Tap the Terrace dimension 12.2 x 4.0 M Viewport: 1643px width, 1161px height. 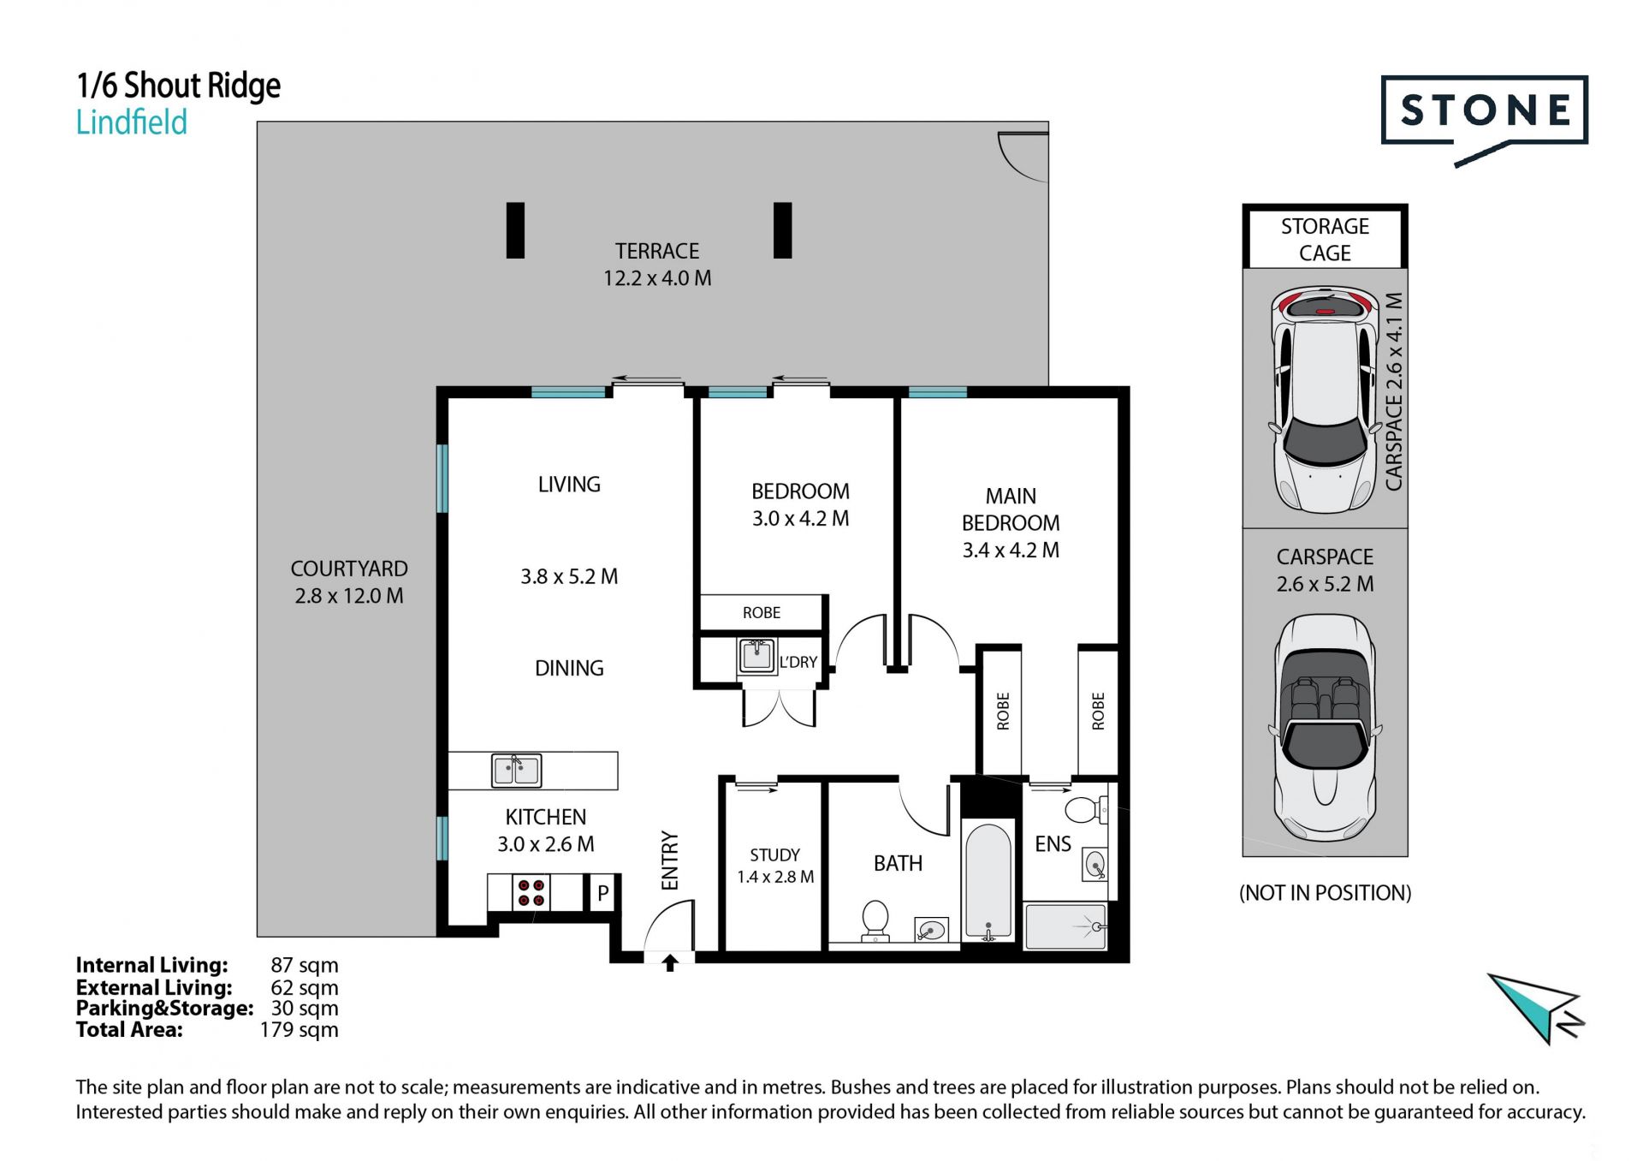coord(657,278)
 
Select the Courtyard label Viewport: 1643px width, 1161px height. coord(349,569)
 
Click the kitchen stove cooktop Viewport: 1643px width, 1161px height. coord(531,892)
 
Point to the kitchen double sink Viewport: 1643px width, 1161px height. coord(516,770)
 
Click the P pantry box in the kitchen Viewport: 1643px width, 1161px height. coord(602,893)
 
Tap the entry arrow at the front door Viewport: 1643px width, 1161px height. coord(670,963)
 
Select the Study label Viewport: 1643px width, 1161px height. coord(775,854)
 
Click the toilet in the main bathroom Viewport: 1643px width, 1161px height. coord(875,920)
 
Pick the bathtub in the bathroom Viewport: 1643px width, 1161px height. coord(988,882)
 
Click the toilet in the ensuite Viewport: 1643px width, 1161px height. coord(1085,809)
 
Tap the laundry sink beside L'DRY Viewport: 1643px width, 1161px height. coord(756,656)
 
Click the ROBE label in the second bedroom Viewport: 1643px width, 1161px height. coord(762,613)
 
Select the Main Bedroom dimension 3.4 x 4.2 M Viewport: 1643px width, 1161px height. coord(1011,550)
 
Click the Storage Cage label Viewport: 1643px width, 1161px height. coord(1325,240)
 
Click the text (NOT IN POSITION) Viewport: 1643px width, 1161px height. coord(1325,893)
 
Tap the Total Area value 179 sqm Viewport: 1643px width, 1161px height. coord(299,1030)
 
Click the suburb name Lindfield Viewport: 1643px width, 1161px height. coord(132,122)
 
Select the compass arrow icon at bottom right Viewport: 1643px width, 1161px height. coord(1537,1009)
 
